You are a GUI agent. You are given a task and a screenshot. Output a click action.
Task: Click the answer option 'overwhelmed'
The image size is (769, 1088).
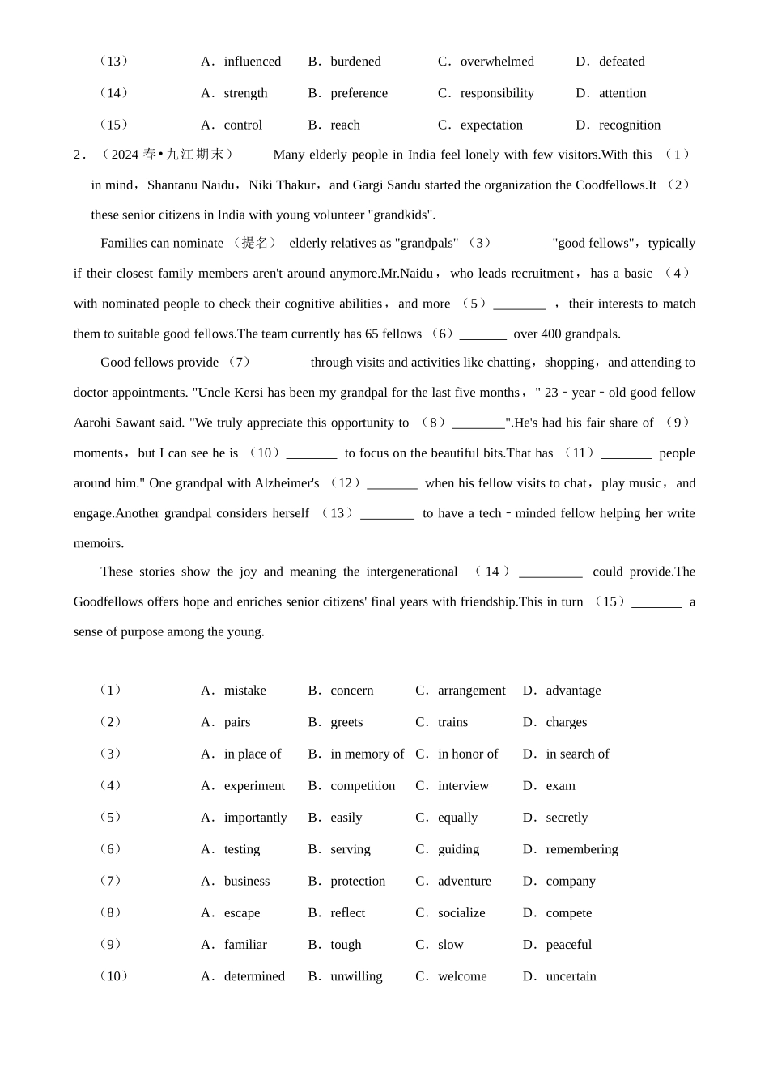pyautogui.click(x=497, y=62)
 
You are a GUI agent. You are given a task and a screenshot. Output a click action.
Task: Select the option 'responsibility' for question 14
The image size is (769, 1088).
pyautogui.click(x=497, y=93)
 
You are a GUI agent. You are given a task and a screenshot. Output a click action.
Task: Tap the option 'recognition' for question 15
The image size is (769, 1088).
pyautogui.click(x=630, y=125)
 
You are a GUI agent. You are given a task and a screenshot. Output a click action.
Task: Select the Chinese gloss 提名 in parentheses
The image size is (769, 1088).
pyautogui.click(x=256, y=243)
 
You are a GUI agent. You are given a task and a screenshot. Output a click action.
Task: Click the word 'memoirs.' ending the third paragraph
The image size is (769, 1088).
pyautogui.click(x=99, y=543)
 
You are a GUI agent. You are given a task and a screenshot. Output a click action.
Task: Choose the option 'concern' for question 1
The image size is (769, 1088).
pyautogui.click(x=352, y=691)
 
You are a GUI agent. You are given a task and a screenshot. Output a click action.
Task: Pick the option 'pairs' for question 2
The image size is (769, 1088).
pyautogui.click(x=237, y=722)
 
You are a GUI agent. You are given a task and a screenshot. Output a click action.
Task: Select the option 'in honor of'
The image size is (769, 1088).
pyautogui.click(x=468, y=754)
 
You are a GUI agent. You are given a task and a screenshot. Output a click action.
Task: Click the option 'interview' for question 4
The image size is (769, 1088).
pyautogui.click(x=463, y=785)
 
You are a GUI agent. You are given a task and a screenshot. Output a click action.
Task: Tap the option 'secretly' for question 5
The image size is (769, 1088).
pyautogui.click(x=567, y=818)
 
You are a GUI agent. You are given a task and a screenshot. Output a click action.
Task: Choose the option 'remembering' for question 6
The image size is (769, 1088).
pyautogui.click(x=582, y=849)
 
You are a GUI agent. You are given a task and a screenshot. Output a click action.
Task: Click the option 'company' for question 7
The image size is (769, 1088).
pyautogui.click(x=571, y=881)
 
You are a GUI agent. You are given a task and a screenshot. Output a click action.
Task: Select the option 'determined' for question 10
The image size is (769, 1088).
pyautogui.click(x=254, y=976)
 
